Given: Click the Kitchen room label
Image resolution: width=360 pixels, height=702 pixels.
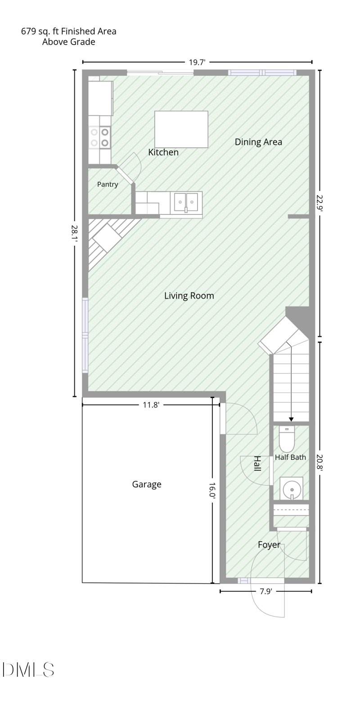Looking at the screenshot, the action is (163, 152).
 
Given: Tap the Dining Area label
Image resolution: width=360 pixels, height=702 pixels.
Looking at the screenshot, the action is (258, 142).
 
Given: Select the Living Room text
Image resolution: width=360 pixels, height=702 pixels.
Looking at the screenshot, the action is (189, 295).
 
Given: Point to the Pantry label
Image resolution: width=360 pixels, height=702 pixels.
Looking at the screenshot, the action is (108, 184).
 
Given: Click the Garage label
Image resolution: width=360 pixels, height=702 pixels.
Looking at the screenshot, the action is (147, 484).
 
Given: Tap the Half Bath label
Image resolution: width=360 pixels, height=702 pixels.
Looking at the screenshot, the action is (290, 457).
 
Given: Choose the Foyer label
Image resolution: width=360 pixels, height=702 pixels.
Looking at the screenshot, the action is (269, 545).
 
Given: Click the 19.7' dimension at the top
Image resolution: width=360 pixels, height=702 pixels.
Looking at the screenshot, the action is (197, 63).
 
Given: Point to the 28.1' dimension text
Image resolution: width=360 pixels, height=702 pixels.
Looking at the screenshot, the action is (75, 233).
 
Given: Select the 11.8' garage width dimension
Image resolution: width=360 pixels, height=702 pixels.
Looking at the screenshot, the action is (151, 405).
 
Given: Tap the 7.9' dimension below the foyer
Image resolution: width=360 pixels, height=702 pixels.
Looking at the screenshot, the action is (265, 591).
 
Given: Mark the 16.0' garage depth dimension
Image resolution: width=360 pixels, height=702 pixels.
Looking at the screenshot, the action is (212, 490).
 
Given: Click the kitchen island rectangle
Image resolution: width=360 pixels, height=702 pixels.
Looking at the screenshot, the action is (181, 129).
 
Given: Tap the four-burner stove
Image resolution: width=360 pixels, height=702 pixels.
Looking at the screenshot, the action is (99, 137).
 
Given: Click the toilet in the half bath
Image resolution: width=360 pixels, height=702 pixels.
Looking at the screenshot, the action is (287, 439).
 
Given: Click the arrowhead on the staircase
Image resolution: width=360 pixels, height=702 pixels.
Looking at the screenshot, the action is (291, 419).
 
